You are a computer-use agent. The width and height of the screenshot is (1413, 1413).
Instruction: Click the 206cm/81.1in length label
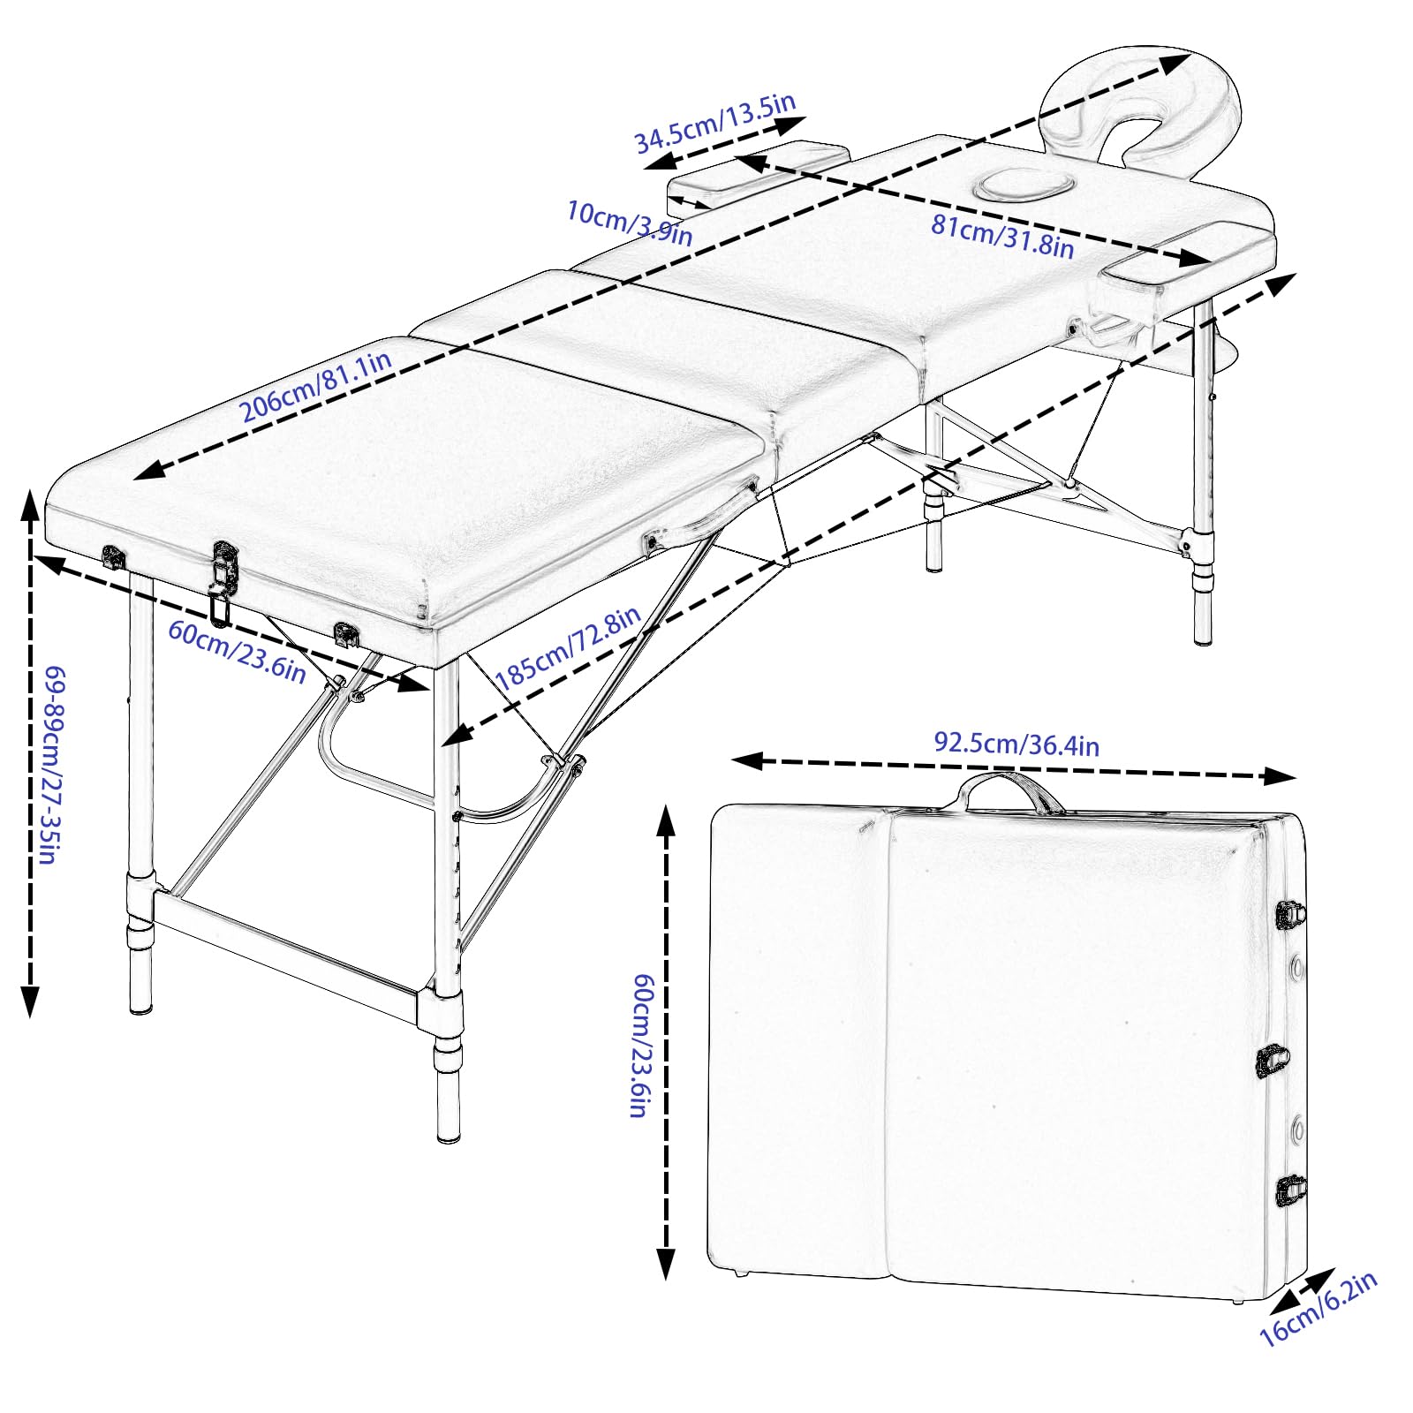point(316,386)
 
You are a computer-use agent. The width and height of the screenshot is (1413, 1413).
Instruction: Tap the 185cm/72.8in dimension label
point(568,648)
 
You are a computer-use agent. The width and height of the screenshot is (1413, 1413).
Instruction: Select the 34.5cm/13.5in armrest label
point(715,123)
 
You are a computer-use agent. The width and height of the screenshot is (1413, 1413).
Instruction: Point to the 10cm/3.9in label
point(630,223)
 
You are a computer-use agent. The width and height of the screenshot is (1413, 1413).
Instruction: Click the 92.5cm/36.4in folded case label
point(1016,744)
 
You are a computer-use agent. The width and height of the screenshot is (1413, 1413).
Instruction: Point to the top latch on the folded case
point(1289,914)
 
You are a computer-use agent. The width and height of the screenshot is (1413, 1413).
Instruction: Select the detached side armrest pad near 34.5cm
point(758,176)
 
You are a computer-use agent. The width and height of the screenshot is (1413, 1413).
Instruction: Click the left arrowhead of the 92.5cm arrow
point(747,759)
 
